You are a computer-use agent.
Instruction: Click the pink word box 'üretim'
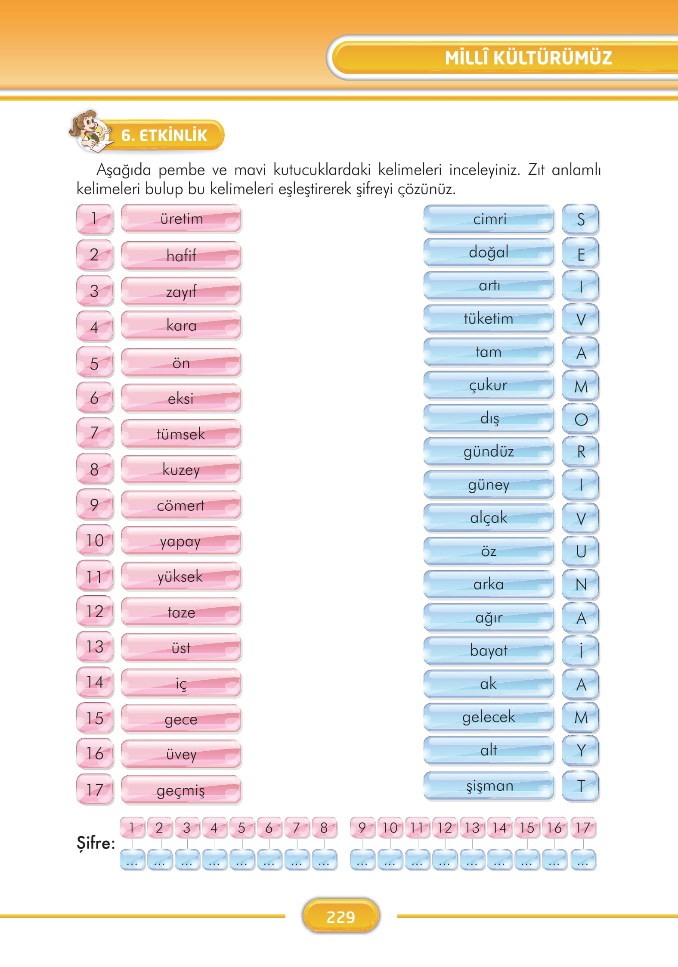tap(181, 219)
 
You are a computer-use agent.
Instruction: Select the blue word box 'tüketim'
tap(489, 319)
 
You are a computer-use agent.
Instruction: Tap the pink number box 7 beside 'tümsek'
tap(95, 433)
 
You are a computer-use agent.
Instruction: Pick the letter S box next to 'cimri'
tap(581, 220)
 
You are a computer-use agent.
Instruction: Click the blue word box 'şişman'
tap(489, 786)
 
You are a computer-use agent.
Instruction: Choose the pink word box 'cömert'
tap(181, 505)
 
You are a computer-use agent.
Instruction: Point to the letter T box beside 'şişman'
tap(581, 786)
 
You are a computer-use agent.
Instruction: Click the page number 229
tap(341, 917)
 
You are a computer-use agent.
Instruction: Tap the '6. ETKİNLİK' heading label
tap(164, 135)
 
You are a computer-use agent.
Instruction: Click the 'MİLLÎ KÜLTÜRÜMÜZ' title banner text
tap(528, 58)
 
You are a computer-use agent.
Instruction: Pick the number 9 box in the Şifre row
tap(362, 827)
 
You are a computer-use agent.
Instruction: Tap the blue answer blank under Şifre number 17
tap(583, 860)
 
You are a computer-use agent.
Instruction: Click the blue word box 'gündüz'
tap(489, 451)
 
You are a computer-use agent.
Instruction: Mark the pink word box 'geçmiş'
tap(181, 790)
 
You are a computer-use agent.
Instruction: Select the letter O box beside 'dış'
tap(581, 419)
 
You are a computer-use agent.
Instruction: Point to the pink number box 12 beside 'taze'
tap(95, 612)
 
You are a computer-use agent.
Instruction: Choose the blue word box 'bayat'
tap(489, 650)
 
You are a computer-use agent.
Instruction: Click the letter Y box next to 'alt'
tap(581, 750)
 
